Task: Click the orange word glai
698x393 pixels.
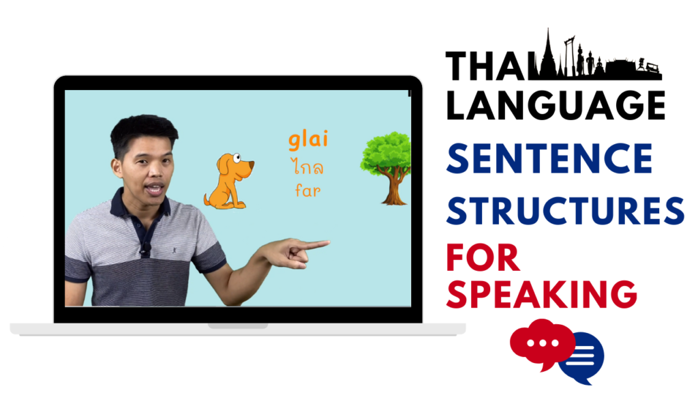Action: click(308, 139)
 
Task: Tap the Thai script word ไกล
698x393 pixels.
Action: click(307, 167)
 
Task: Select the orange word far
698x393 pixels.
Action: click(307, 191)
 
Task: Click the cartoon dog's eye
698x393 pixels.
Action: click(236, 158)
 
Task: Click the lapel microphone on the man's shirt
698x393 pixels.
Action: click(145, 247)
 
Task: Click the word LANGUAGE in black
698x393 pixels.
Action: click(555, 106)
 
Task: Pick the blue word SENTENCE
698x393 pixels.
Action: click(549, 158)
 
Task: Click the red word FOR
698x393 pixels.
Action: click(483, 257)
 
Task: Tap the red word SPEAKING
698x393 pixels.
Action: click(541, 293)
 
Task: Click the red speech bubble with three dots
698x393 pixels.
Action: click(542, 344)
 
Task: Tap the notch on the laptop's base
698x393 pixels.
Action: click(238, 326)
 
